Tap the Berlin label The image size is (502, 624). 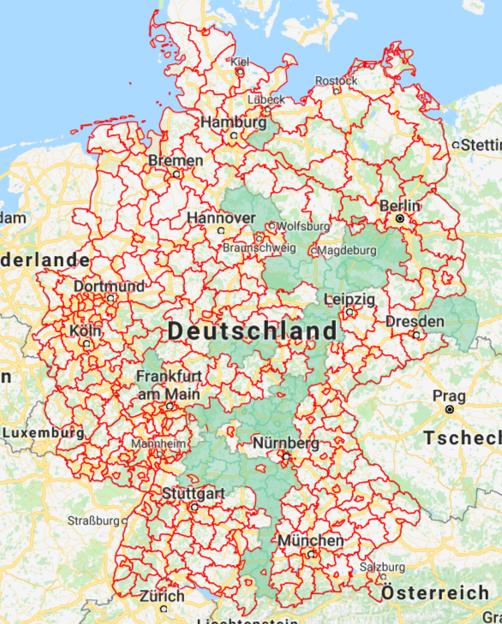[x=400, y=205]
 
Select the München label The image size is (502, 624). [x=310, y=541]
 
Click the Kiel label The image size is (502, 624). [x=240, y=62]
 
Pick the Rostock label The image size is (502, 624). [x=336, y=80]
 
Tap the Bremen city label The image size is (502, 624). [x=176, y=160]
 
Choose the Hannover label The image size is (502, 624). [x=220, y=217]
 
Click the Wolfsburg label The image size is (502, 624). [x=304, y=226]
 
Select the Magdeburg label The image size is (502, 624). [x=346, y=251]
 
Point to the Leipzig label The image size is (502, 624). [x=350, y=299]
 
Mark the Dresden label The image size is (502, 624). [x=415, y=321]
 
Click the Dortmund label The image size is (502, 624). [x=109, y=286]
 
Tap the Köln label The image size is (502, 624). [x=87, y=330]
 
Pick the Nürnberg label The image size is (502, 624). [x=286, y=443]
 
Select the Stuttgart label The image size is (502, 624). [x=194, y=494]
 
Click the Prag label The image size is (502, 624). [x=449, y=396]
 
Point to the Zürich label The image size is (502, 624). [x=162, y=596]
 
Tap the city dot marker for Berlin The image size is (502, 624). [x=399, y=219]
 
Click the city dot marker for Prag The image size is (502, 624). [x=449, y=410]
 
